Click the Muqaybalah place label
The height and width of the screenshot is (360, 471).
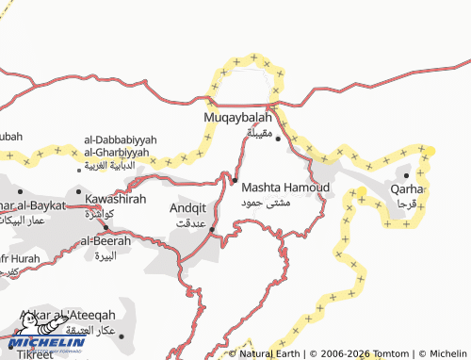pyautogui.click(x=238, y=118)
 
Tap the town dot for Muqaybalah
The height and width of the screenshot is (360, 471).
pyautogui.click(x=278, y=139)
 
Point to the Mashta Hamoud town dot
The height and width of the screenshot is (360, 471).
pyautogui.click(x=235, y=180)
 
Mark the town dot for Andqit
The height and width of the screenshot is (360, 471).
pyautogui.click(x=211, y=229)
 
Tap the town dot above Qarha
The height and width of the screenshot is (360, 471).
pyautogui.click(x=406, y=174)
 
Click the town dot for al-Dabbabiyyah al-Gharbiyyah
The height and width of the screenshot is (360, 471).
pyautogui.click(x=79, y=172)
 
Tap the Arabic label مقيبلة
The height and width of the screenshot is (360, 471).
pyautogui.click(x=259, y=133)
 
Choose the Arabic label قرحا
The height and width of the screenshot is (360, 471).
pyautogui.click(x=407, y=203)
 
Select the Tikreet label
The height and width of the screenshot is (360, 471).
pyautogui.click(x=28, y=354)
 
